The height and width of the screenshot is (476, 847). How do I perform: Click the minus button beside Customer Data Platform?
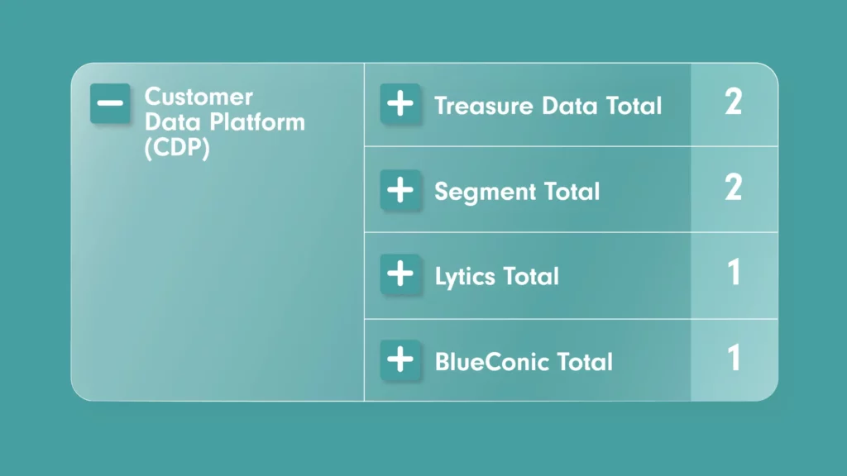(110, 103)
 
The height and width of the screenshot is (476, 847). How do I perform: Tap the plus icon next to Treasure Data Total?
(400, 103)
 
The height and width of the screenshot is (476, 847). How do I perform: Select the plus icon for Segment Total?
(400, 189)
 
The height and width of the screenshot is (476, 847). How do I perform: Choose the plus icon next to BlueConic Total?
(400, 359)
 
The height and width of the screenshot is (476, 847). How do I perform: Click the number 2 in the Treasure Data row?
(733, 102)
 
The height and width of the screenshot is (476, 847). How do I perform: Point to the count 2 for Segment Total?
(733, 188)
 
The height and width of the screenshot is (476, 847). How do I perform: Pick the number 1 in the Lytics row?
(734, 272)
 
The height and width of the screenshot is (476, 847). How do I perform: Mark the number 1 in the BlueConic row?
(734, 357)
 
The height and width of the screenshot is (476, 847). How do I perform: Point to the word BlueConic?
(490, 362)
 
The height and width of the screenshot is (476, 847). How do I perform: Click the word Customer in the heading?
(199, 98)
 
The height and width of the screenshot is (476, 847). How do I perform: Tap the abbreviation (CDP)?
(177, 148)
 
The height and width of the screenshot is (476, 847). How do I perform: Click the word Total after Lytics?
(532, 276)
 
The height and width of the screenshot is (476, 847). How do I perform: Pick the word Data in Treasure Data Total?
(569, 106)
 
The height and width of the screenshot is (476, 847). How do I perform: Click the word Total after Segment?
(572, 192)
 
